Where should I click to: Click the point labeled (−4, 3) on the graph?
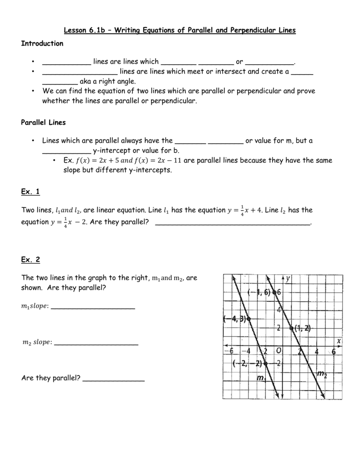point(248,319)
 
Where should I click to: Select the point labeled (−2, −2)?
point(265,363)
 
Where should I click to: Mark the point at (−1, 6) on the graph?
point(274,293)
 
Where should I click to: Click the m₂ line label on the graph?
point(322,375)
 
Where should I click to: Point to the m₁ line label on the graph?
point(261,378)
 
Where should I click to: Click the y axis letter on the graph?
point(289,278)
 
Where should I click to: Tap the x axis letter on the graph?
point(339,340)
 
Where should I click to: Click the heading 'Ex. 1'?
point(30,192)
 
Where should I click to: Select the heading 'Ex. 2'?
point(30,260)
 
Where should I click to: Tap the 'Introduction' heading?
point(42,44)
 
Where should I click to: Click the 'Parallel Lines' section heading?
point(44,122)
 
